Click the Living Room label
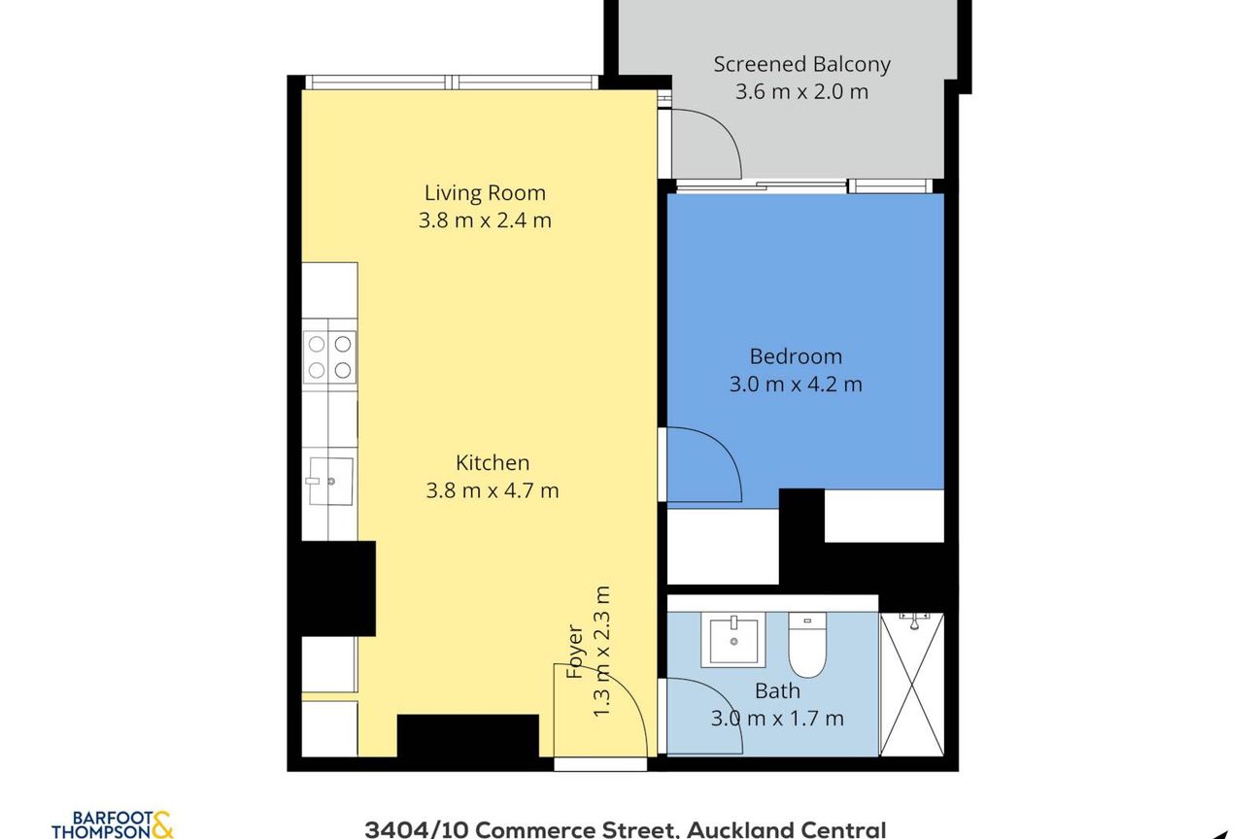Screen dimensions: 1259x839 (x=485, y=192)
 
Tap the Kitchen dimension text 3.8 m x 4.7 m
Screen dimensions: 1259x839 (x=493, y=490)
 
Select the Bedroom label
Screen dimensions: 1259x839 (x=796, y=356)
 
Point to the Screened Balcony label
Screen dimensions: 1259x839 (x=802, y=65)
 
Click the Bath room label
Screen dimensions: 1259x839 (x=777, y=690)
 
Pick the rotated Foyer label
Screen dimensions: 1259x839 (x=575, y=651)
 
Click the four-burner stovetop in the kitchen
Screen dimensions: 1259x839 (x=329, y=357)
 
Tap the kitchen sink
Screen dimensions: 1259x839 (x=330, y=481)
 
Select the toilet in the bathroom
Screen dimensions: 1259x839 (x=807, y=645)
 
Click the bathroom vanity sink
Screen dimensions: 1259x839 (x=732, y=640)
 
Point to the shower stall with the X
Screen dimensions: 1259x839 (x=911, y=685)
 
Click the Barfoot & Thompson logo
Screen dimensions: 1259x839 (x=113, y=825)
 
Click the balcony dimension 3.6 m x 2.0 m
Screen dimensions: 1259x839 (x=802, y=91)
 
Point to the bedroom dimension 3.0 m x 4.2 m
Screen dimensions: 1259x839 (x=796, y=385)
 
